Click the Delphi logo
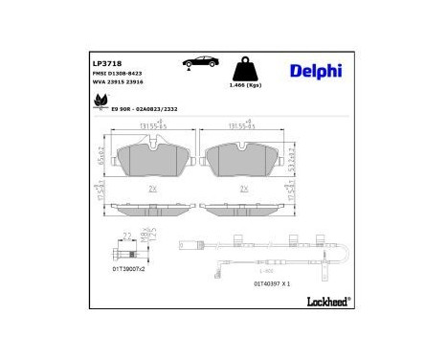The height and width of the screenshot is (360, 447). point(313,69)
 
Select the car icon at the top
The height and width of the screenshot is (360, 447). point(200,62)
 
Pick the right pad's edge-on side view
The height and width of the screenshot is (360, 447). point(245,207)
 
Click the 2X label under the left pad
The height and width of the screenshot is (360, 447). point(154,189)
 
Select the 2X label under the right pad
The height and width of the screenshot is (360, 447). point(245,189)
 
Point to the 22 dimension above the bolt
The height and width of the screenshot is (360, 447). point(127,235)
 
